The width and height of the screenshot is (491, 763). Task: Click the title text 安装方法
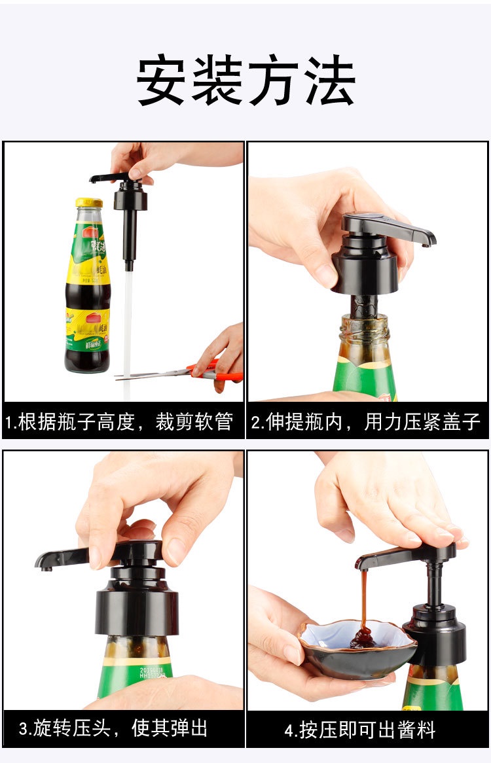[x=245, y=81]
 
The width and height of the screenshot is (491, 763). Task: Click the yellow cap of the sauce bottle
[x=88, y=203]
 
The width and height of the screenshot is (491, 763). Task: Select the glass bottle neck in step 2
[x=364, y=330]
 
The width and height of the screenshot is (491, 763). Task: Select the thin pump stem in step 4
[x=434, y=582]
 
